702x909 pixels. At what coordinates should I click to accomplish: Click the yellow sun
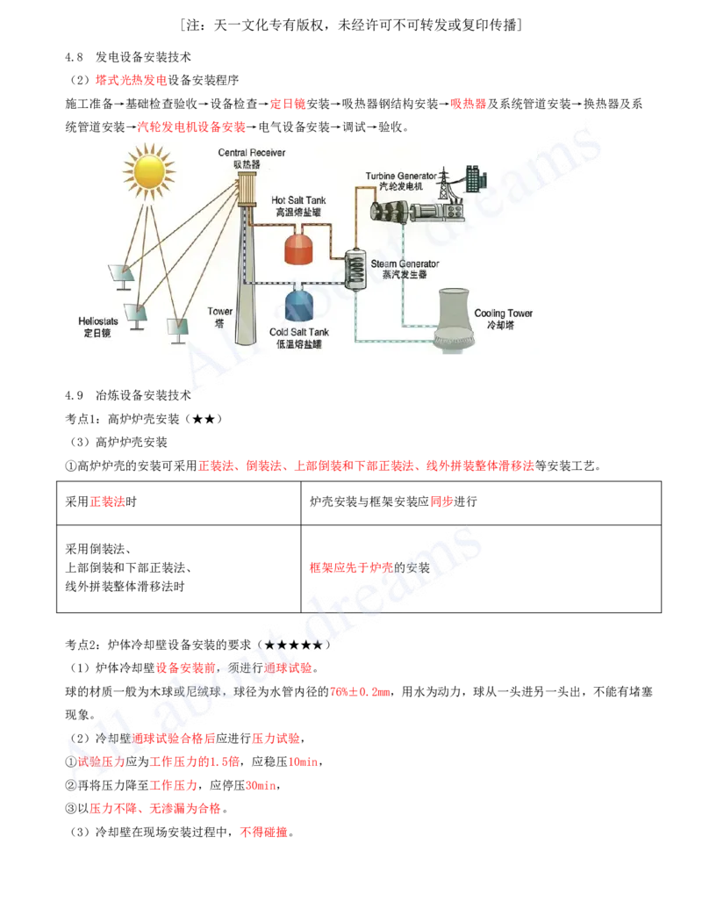pyautogui.click(x=149, y=170)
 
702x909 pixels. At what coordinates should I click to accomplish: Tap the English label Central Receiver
pyautogui.click(x=251, y=153)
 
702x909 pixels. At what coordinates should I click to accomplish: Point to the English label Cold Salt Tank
pyautogui.click(x=298, y=332)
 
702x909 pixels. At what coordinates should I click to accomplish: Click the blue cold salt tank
pyautogui.click(x=301, y=303)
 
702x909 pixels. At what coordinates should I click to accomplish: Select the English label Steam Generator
pyautogui.click(x=405, y=263)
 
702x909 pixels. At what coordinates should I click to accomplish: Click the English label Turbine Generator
pyautogui.click(x=401, y=177)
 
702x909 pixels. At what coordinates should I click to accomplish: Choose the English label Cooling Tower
pyautogui.click(x=503, y=314)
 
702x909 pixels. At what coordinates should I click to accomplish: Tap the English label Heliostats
pyautogui.click(x=97, y=322)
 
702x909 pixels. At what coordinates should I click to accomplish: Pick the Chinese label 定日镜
pyautogui.click(x=97, y=334)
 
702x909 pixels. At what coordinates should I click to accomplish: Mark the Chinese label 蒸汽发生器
pyautogui.click(x=405, y=275)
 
